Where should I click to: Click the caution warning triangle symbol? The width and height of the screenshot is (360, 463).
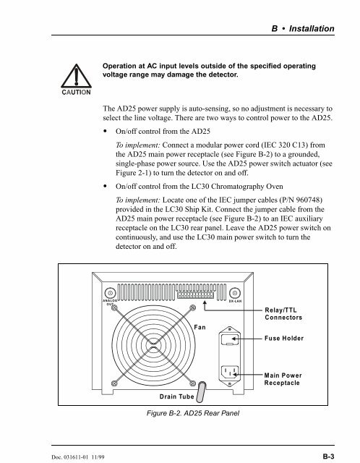pos(76,76)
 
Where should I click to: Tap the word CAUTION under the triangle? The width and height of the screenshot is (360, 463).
pos(76,92)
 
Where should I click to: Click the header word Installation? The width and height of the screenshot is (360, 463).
pos(312,29)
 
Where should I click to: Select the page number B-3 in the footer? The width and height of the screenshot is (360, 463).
pos(328,456)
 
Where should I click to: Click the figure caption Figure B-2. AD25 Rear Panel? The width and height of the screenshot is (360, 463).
pos(193,413)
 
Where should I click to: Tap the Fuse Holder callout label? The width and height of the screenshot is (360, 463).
pos(284,339)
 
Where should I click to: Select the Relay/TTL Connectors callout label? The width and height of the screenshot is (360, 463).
pos(283,314)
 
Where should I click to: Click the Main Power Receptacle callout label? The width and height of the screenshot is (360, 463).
pos(283,379)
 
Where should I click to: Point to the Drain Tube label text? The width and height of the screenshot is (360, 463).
pos(176,396)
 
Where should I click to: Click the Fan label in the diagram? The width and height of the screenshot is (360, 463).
pos(200,327)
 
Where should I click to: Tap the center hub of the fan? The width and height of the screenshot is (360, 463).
pos(153,345)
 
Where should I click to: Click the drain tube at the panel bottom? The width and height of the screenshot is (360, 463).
pos(201,392)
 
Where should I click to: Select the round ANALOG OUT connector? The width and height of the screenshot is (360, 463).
pos(111,293)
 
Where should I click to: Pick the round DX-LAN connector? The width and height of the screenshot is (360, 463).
pos(235,293)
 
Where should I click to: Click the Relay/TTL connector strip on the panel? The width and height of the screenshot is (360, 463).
pos(195,295)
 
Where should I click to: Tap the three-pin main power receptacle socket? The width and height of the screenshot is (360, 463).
pos(230,373)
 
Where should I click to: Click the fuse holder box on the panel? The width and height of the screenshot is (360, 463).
pos(230,339)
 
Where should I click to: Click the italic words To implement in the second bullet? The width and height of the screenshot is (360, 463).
pos(138,200)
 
